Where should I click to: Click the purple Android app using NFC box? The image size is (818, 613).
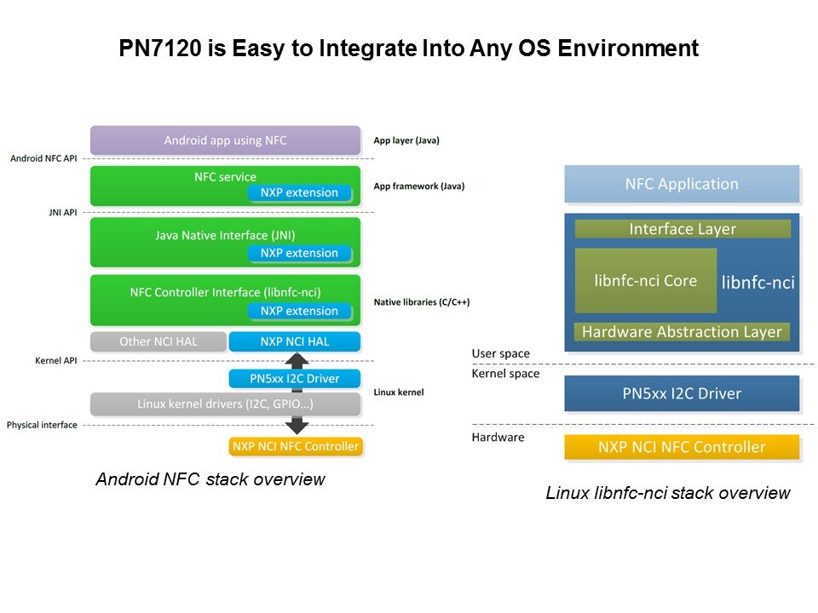(225, 140)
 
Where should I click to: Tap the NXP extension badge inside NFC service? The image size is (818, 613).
(299, 193)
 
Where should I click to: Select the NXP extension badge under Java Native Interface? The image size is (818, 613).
(299, 253)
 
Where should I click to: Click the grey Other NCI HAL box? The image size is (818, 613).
(158, 341)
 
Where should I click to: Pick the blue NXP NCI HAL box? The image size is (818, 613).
(295, 341)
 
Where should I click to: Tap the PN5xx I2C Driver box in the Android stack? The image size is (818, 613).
(295, 379)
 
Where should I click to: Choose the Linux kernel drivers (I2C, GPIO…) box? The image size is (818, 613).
(225, 404)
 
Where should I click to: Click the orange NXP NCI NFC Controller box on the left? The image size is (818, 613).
(295, 446)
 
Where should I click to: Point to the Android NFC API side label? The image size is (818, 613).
(43, 158)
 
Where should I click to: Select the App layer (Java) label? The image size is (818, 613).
(406, 140)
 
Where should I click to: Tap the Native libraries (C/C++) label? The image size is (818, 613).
(422, 301)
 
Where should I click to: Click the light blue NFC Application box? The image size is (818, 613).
(682, 184)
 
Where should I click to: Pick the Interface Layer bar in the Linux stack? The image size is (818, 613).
(682, 229)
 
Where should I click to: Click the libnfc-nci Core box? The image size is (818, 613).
(645, 281)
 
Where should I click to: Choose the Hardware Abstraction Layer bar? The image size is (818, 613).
(682, 332)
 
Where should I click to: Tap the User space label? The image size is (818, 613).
(500, 353)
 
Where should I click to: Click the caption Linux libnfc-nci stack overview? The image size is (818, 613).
(668, 493)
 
